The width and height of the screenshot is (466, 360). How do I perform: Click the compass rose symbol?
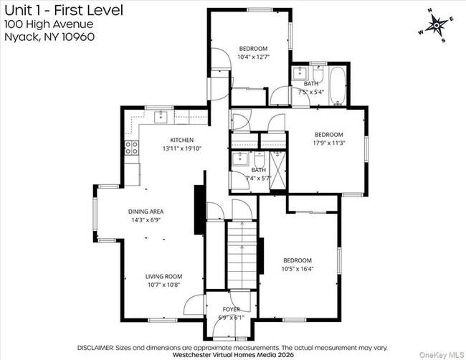(437, 26)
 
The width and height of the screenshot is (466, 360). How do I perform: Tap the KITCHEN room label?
(182, 140)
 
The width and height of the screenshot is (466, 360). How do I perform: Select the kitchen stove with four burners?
(132, 148)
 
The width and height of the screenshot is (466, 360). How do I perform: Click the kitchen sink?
(161, 117)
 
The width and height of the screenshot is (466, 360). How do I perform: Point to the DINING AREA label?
(146, 212)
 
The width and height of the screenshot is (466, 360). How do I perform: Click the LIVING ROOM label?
(163, 277)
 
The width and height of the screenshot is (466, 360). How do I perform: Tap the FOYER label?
(232, 310)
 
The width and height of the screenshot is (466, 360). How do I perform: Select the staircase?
(242, 255)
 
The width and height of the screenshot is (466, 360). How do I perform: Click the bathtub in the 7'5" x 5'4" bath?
(338, 86)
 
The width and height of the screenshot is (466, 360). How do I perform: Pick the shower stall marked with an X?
(277, 171)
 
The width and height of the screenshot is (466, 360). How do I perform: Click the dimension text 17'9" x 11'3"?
(329, 143)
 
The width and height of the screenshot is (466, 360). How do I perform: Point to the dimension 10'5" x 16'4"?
(298, 269)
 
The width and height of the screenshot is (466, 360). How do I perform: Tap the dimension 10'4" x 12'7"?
(254, 57)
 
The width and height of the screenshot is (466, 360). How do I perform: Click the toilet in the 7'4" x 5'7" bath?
(260, 160)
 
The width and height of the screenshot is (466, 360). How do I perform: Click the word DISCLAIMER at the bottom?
(95, 348)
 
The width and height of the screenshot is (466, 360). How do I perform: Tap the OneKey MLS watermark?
(442, 355)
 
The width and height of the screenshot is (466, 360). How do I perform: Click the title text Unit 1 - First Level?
(64, 11)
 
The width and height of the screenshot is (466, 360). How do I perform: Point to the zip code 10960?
(78, 37)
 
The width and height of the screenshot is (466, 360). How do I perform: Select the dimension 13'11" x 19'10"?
(182, 148)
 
